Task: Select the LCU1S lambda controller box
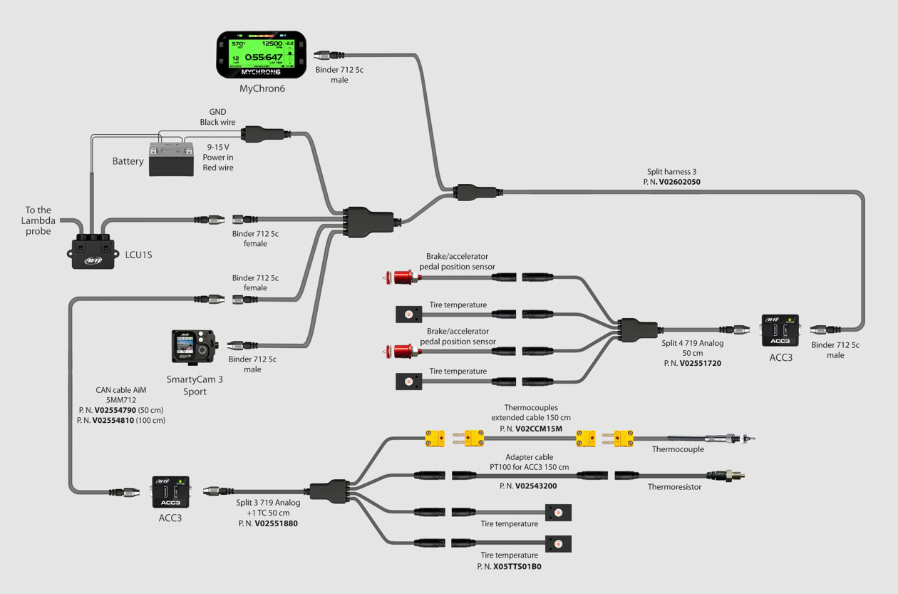tap(93, 250)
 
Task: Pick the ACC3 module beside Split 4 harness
tap(780, 330)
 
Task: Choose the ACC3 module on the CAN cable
tap(170, 492)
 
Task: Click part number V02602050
tap(679, 182)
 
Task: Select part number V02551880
tap(276, 523)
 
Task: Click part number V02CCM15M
tap(539, 429)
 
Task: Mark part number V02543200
tap(535, 486)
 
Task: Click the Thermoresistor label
tap(674, 487)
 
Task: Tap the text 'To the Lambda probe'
tap(38, 220)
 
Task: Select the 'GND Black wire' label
tap(217, 117)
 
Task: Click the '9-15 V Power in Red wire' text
tap(217, 158)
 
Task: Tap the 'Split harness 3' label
tap(671, 172)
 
